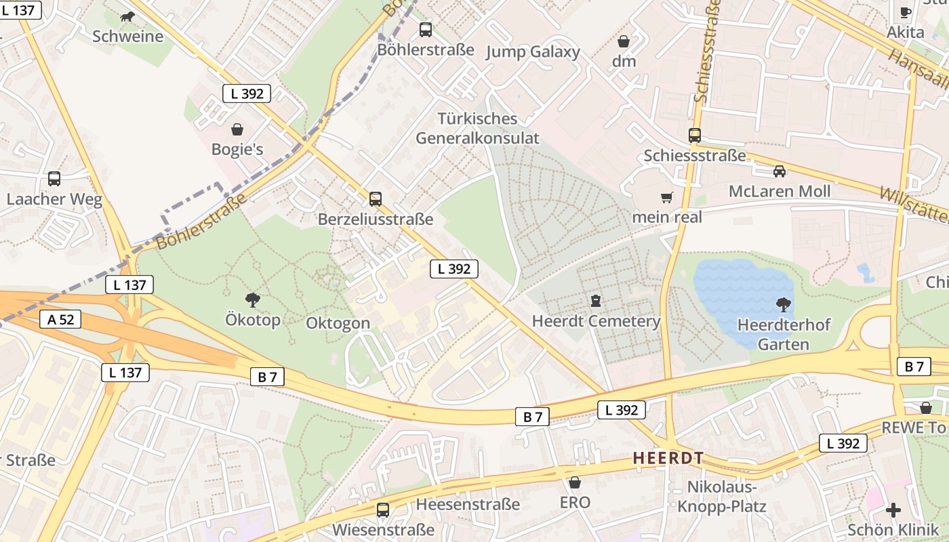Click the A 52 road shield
(61, 319)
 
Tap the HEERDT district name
(668, 458)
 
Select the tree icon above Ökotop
(253, 299)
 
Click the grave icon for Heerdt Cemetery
(596, 300)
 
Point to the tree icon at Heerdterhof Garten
(783, 304)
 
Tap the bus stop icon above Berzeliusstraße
(376, 199)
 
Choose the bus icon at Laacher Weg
(54, 179)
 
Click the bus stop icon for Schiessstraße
(695, 135)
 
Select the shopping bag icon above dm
(624, 41)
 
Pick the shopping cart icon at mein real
(667, 197)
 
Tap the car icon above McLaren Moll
(780, 171)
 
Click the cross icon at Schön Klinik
(893, 509)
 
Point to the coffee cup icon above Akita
(906, 12)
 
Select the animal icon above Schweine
(127, 16)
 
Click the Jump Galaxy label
(533, 52)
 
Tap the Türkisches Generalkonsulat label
(477, 128)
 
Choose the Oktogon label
(338, 323)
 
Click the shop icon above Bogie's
(237, 129)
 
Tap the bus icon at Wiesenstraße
(383, 509)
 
